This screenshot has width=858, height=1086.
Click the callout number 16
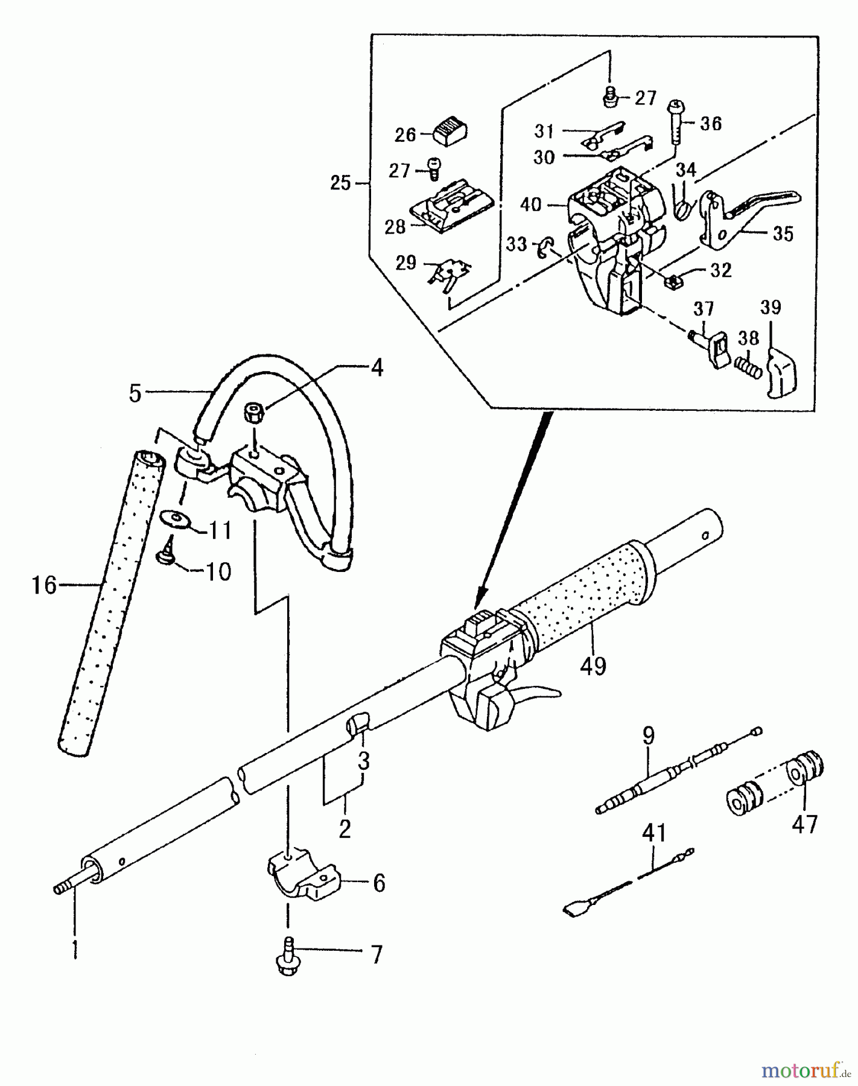coord(44,585)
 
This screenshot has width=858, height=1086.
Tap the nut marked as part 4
coord(253,414)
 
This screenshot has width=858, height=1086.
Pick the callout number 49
coord(593,665)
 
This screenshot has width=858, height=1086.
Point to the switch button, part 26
coord(451,130)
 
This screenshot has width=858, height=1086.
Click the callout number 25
coord(341,182)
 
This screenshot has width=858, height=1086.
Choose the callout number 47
coord(804,823)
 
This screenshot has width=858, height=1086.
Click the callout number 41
coord(654,833)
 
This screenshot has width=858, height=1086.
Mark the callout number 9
coord(648,736)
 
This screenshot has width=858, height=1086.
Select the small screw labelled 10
coord(166,557)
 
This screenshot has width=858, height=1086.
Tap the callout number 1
coord(75,948)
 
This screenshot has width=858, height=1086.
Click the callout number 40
coord(531,205)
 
